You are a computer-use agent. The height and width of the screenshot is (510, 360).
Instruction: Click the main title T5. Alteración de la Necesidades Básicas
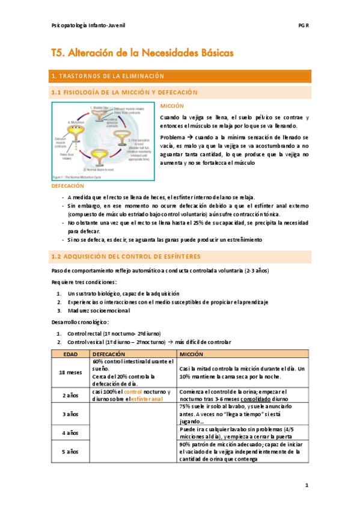pyautogui.click(x=142, y=53)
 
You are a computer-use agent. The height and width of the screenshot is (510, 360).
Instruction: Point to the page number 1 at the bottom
pyautogui.click(x=306, y=484)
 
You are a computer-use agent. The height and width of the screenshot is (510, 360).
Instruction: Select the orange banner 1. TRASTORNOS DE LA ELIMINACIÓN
pyautogui.click(x=181, y=76)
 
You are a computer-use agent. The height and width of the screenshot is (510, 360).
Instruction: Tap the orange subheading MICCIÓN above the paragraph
pyautogui.click(x=171, y=106)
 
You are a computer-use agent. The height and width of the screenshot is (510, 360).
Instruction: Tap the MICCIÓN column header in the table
pyautogui.click(x=191, y=354)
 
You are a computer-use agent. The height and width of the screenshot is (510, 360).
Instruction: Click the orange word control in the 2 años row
pyautogui.click(x=132, y=391)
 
